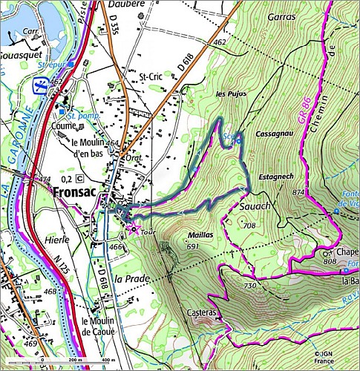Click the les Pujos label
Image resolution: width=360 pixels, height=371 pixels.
[x=230, y=94]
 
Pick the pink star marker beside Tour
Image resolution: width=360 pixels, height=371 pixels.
[x=134, y=229]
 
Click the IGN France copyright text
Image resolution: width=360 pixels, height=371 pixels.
[x=324, y=358]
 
